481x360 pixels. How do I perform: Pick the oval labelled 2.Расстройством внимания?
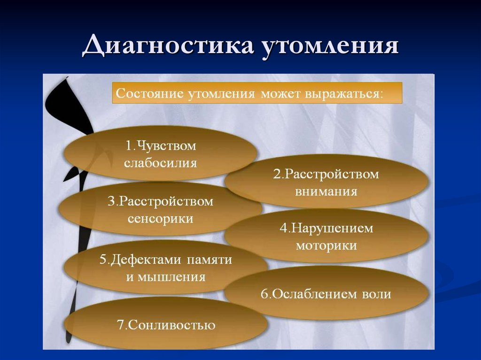click(x=326, y=183)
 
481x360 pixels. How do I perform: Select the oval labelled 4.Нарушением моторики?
click(x=326, y=236)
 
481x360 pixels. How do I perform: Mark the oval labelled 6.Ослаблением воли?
click(x=326, y=294)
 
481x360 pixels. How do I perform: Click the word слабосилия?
click(x=161, y=163)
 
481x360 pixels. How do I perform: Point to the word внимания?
click(x=326, y=191)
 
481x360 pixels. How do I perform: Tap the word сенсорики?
click(x=161, y=219)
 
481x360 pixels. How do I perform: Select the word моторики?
click(x=326, y=245)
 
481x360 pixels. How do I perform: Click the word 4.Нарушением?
click(x=326, y=228)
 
